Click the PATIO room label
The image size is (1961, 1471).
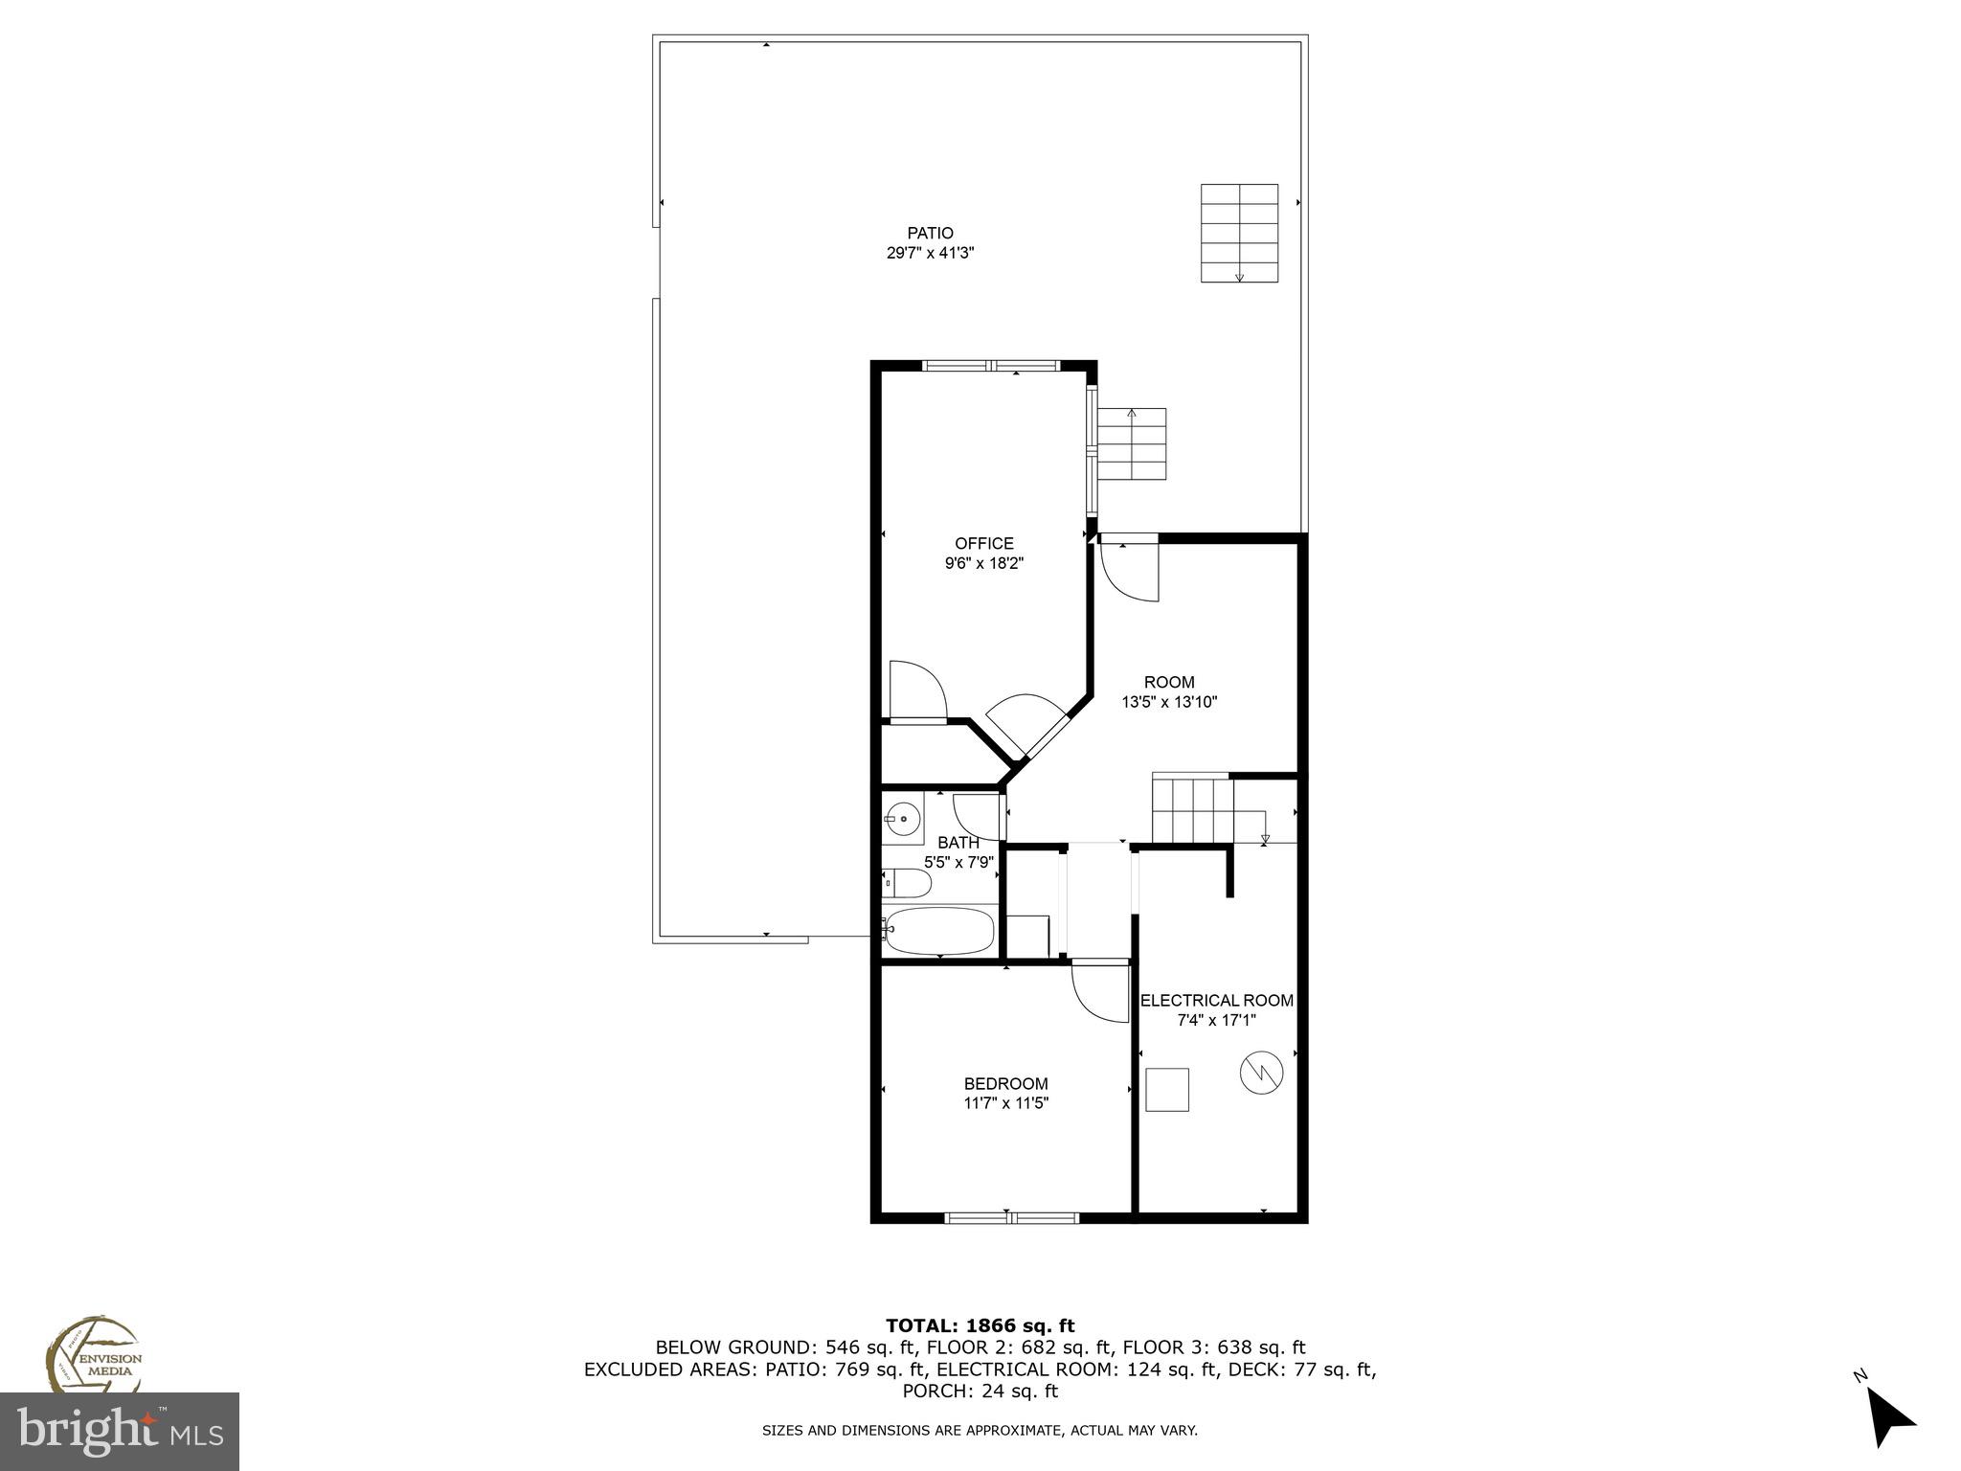[x=930, y=233]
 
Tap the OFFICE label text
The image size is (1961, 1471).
[x=983, y=544]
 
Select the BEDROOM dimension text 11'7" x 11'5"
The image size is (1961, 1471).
[x=1005, y=1103]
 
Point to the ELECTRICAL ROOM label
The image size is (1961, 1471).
[x=1216, y=1001]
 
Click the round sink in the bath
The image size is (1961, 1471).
[x=902, y=820]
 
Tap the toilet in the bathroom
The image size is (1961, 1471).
[x=906, y=882]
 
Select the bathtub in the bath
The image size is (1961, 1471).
[x=938, y=930]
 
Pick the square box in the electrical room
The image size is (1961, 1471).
[x=1167, y=1090]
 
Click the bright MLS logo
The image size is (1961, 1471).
[x=120, y=1431]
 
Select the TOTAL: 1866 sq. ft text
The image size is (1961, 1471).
[x=980, y=1326]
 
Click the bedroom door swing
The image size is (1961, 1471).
[x=1099, y=992]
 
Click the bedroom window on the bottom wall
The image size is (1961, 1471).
[x=1011, y=1218]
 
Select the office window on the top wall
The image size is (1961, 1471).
[x=991, y=365]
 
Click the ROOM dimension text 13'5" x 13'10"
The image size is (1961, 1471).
[x=1169, y=702]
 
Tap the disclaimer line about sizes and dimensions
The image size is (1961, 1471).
[x=980, y=1431]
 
